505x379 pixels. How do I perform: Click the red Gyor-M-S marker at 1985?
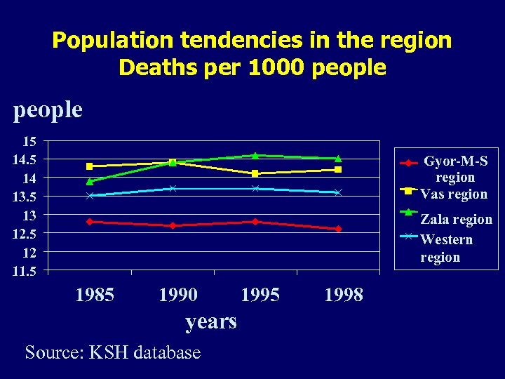point(90,222)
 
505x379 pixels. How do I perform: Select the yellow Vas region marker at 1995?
point(255,173)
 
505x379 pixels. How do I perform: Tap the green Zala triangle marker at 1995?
point(255,156)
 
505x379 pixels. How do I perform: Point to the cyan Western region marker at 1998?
point(338,192)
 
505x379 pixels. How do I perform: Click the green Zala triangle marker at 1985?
point(90,182)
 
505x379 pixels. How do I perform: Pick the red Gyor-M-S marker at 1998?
point(338,229)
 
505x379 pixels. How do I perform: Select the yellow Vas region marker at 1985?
point(90,166)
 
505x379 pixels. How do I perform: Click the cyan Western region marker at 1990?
point(173,189)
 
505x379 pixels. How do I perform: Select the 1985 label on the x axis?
point(95,294)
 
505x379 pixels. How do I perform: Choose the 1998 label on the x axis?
point(344,294)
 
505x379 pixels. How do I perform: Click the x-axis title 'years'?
point(210,321)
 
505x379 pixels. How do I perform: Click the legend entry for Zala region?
point(456,219)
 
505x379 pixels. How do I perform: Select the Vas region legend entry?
point(453,194)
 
